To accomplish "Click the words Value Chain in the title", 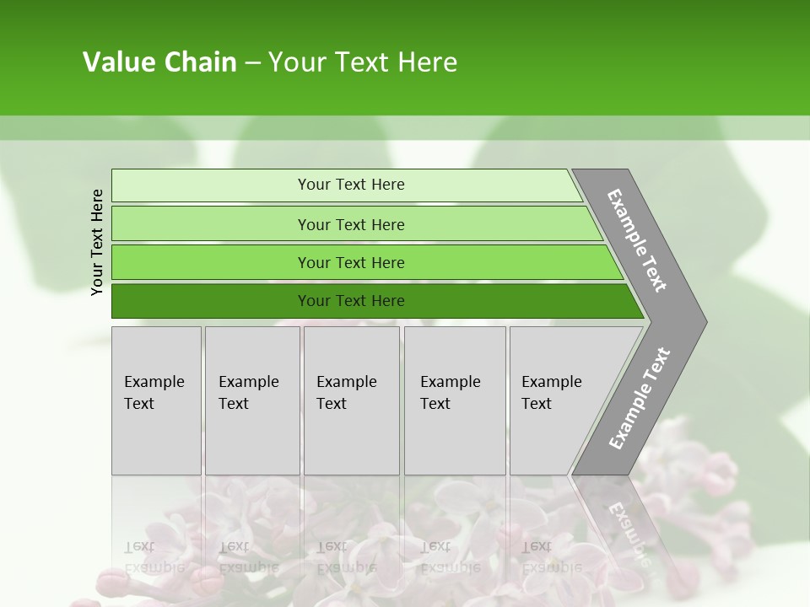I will click(x=159, y=62).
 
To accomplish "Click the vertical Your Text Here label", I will click(x=97, y=242).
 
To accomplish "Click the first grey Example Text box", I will click(x=156, y=400).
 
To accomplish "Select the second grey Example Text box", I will click(x=252, y=400).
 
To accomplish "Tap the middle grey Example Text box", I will click(x=351, y=400).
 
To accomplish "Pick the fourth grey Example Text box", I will click(x=455, y=400).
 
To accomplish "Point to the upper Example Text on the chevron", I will click(x=637, y=240).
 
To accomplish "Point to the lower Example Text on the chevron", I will click(x=639, y=399).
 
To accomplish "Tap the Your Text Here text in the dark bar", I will click(x=351, y=301).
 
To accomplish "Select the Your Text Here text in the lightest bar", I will click(x=351, y=185).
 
